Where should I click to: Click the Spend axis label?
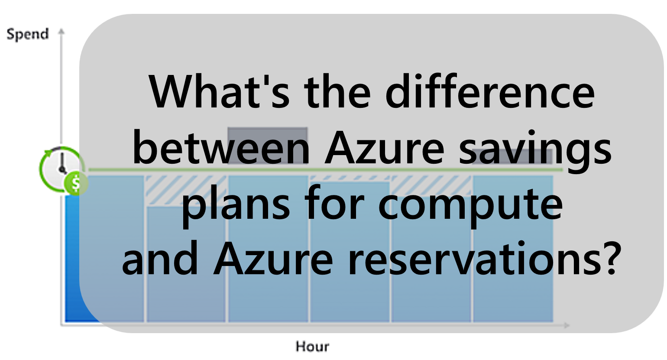click(27, 34)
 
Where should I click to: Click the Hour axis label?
click(312, 346)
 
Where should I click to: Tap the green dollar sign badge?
click(75, 183)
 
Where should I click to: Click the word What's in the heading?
click(219, 92)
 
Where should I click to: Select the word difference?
click(490, 92)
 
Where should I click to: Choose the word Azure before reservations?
click(273, 259)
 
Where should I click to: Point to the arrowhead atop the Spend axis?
click(62, 32)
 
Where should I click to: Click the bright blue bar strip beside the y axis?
click(72, 260)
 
